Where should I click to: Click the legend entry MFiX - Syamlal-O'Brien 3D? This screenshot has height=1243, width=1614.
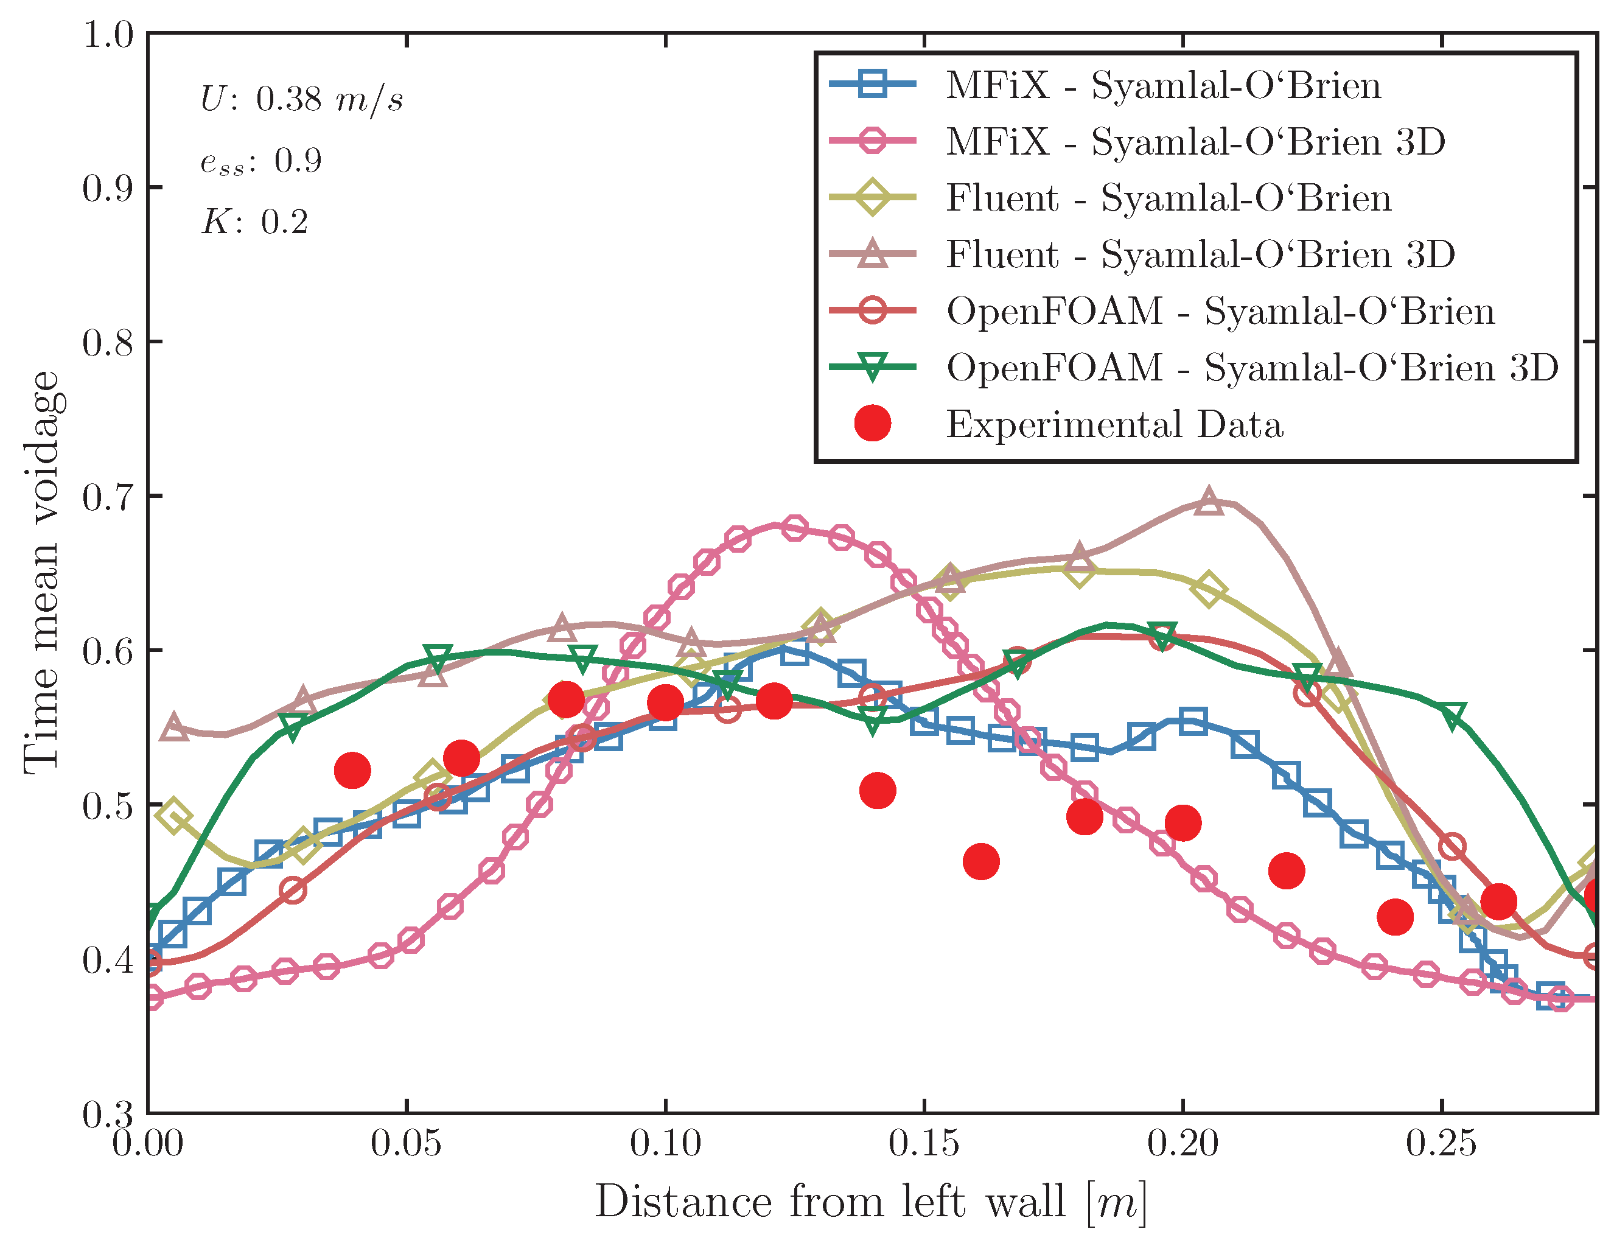point(1195,141)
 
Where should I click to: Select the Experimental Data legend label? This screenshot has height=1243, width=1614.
point(1114,424)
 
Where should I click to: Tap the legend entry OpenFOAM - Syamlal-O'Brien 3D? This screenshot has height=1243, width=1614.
point(1252,367)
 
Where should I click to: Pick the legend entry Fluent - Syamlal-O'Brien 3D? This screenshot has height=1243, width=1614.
point(1200,254)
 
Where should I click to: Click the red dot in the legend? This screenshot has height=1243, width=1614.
point(872,424)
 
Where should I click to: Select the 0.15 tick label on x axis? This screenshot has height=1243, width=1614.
point(924,1143)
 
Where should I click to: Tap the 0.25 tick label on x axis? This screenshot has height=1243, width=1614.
point(1441,1143)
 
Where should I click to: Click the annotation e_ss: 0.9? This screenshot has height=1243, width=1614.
point(261,160)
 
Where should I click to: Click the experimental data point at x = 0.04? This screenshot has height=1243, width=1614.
point(352,771)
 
